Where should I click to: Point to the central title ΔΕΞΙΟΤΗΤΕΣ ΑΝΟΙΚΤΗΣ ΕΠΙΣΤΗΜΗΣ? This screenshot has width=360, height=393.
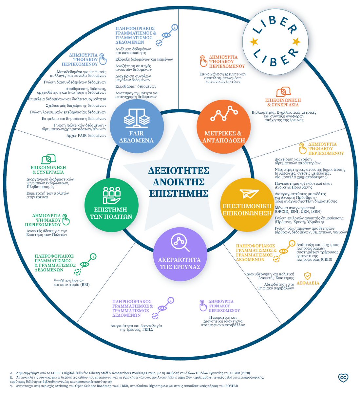[x=179, y=182]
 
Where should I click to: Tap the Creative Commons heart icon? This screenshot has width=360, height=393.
[x=343, y=378]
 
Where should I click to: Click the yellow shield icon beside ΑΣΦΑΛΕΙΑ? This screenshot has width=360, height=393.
[x=307, y=275]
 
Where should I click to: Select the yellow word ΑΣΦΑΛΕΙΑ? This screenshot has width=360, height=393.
[x=308, y=283]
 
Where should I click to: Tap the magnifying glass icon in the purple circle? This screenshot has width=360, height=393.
[x=180, y=242]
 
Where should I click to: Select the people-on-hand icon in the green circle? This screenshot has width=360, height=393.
[x=112, y=195]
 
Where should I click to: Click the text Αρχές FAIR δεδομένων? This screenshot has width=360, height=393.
[x=86, y=135]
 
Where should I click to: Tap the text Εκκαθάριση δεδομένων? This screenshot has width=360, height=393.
[x=136, y=86]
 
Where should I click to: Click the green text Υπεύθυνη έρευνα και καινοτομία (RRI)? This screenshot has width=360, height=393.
[x=71, y=283]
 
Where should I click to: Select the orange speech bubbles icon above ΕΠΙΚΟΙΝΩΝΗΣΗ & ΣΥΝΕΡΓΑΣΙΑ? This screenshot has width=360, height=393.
[x=283, y=92]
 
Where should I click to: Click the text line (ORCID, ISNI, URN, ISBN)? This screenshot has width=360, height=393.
[x=298, y=212]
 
